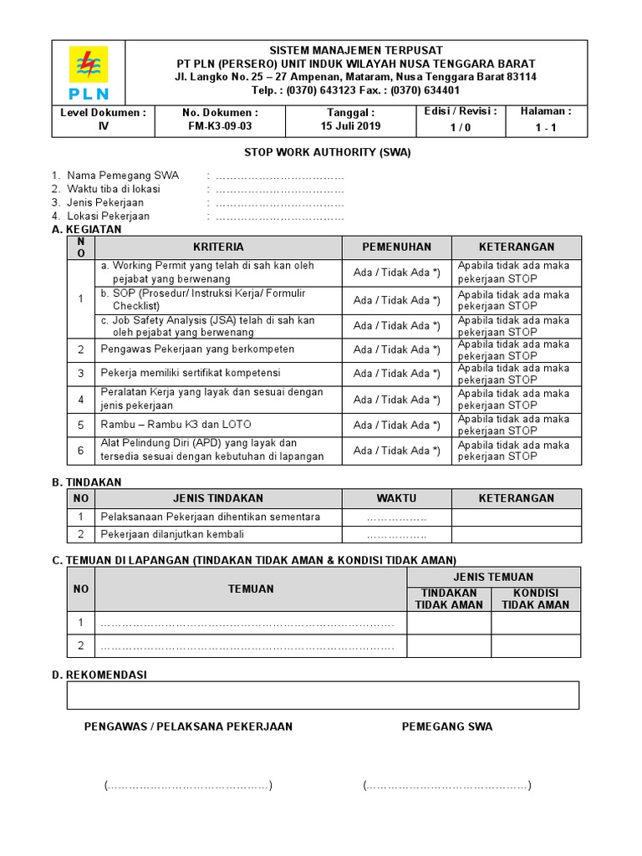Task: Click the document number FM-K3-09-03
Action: pos(220,126)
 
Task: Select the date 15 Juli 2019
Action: pos(351,126)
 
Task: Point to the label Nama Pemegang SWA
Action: pos(122,176)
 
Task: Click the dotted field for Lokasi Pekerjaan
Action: pos(280,217)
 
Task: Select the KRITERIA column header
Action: pos(218,247)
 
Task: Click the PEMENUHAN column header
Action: pos(396,247)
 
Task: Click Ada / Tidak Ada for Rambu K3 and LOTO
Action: pos(396,425)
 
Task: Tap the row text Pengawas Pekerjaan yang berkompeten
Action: pos(197,349)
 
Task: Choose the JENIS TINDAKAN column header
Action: pos(218,498)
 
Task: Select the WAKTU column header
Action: pos(396,498)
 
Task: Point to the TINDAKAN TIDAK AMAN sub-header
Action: pos(449,599)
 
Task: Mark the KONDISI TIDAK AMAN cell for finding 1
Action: pos(536,623)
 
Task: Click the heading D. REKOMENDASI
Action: pos(99,674)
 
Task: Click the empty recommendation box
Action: pos(323,695)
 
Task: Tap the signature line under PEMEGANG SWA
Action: pos(447,786)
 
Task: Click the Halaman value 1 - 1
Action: pos(546,128)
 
